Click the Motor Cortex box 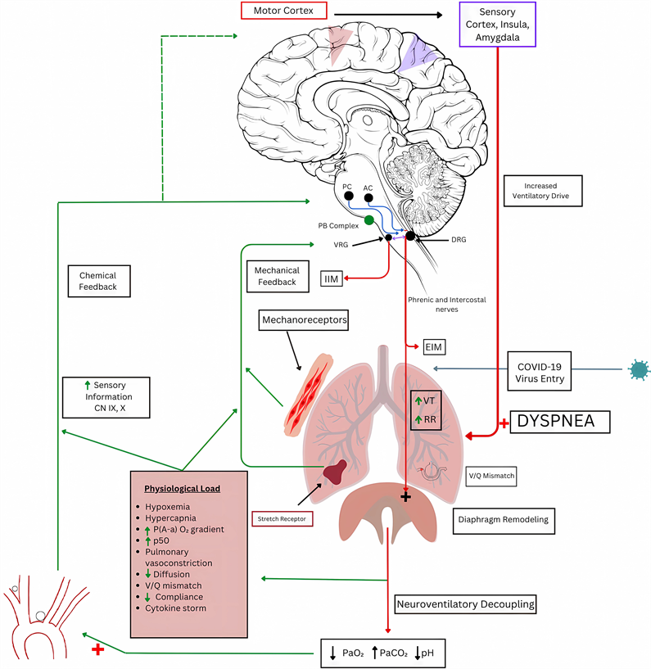tap(283, 11)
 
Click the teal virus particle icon tap(636, 370)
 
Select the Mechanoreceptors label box tap(304, 319)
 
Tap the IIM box tap(331, 280)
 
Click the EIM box tap(433, 348)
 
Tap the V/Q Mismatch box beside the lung tap(491, 475)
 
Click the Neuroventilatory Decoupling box tap(465, 605)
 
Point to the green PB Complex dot tap(369, 219)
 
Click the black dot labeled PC tap(349, 197)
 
